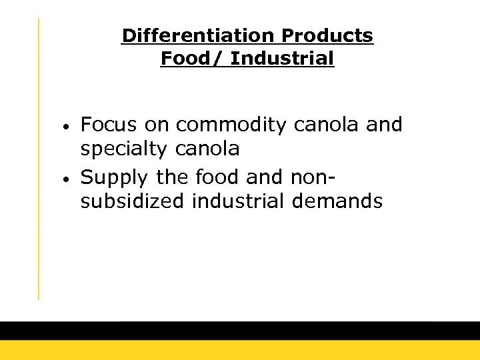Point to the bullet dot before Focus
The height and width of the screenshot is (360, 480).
(69, 126)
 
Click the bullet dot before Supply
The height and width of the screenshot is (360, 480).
(69, 178)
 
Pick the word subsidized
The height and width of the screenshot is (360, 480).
(131, 201)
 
